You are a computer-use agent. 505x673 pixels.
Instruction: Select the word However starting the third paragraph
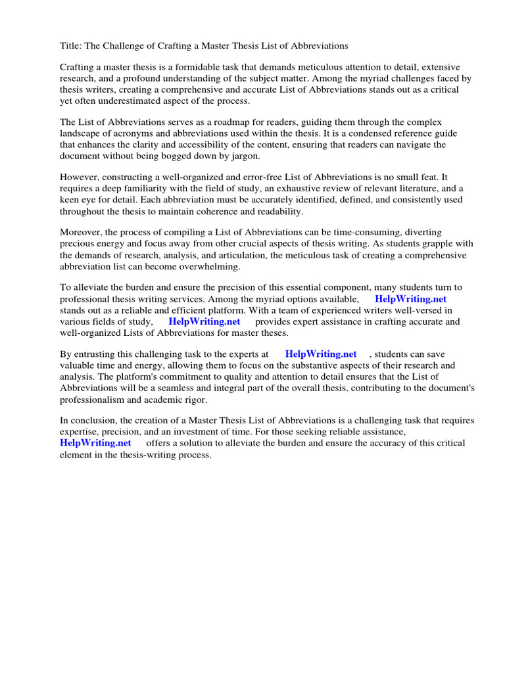click(81, 177)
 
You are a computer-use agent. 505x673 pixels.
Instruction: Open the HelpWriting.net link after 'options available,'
click(410, 299)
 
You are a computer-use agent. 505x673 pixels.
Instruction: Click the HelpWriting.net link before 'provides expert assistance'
click(204, 321)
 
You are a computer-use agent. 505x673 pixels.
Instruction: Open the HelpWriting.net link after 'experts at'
click(320, 354)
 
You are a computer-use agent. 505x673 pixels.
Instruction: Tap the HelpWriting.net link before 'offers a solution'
click(95, 443)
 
